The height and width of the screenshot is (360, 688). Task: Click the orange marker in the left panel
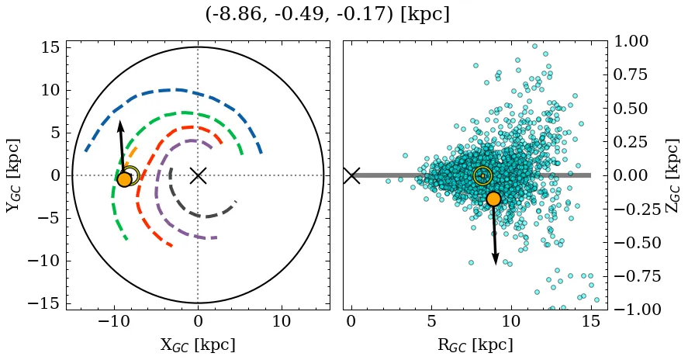pyautogui.click(x=124, y=179)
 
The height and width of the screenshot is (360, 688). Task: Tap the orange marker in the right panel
pyautogui.click(x=493, y=199)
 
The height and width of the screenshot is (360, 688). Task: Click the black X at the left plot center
pyautogui.click(x=198, y=175)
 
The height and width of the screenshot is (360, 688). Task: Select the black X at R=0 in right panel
pyautogui.click(x=351, y=175)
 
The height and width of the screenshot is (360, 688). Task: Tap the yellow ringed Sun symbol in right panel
pyautogui.click(x=482, y=176)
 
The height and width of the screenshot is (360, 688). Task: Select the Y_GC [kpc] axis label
pyautogui.click(x=15, y=175)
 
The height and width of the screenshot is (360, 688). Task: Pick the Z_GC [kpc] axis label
pyautogui.click(x=672, y=175)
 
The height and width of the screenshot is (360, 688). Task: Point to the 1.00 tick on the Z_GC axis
pyautogui.click(x=633, y=41)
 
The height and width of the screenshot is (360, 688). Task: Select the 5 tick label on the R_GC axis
pyautogui.click(x=431, y=322)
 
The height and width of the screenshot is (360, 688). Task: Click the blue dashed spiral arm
pyautogui.click(x=178, y=90)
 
